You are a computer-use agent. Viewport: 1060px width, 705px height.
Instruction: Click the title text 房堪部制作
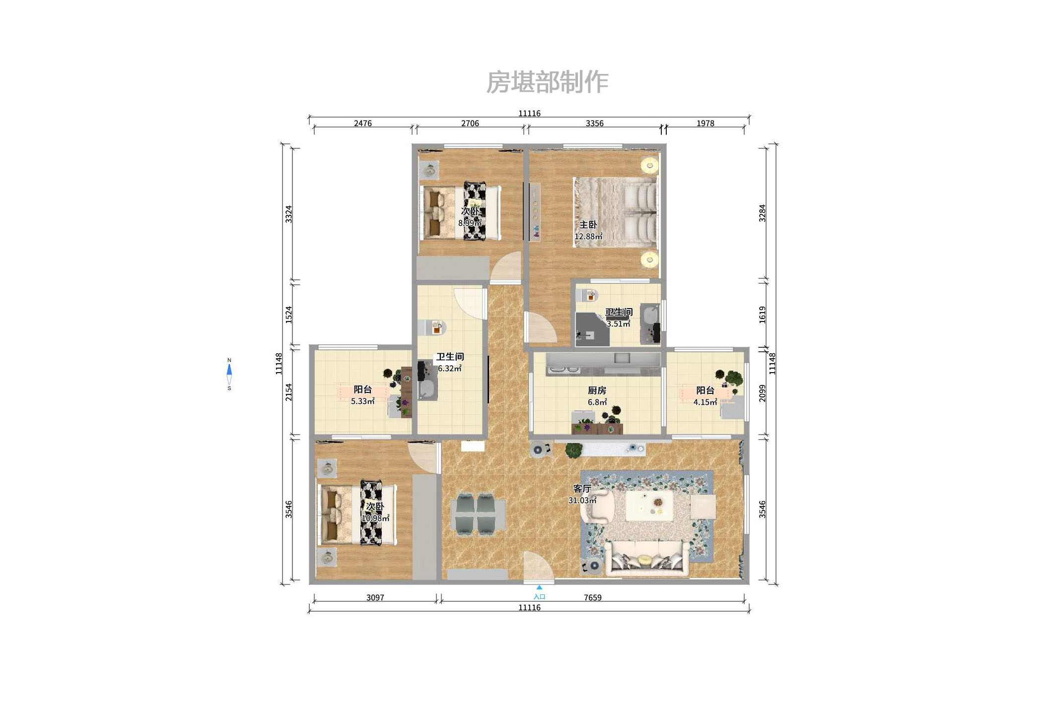[x=547, y=82]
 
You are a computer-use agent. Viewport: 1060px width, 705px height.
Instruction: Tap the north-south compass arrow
[x=229, y=374]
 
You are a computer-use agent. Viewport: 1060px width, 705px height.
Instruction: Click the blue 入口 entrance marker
[x=539, y=592]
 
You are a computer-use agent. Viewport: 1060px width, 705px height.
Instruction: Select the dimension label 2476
[x=362, y=123]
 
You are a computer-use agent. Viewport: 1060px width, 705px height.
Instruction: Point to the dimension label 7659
[x=592, y=597]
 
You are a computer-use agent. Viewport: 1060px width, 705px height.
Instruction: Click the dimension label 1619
[x=762, y=315]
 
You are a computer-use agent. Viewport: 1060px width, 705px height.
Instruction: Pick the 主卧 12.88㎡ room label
[x=588, y=231]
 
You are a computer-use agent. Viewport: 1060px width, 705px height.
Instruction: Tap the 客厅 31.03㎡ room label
[x=582, y=494]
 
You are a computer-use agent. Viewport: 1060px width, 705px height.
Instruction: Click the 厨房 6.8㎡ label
[x=597, y=396]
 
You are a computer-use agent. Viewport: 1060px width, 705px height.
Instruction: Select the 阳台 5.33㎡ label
[x=362, y=395]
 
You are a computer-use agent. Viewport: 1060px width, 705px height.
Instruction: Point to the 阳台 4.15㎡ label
[x=705, y=396]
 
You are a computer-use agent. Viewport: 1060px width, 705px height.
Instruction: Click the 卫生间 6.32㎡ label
[x=450, y=362]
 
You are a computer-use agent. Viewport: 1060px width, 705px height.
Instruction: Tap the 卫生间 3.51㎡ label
[x=619, y=318]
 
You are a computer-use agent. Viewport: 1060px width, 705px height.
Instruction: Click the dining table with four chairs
[x=478, y=514]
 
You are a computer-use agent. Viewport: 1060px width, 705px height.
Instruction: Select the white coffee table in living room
[x=649, y=506]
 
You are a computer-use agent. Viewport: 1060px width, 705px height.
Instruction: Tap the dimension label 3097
[x=375, y=597]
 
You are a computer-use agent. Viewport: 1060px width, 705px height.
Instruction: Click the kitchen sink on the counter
[x=622, y=358]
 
